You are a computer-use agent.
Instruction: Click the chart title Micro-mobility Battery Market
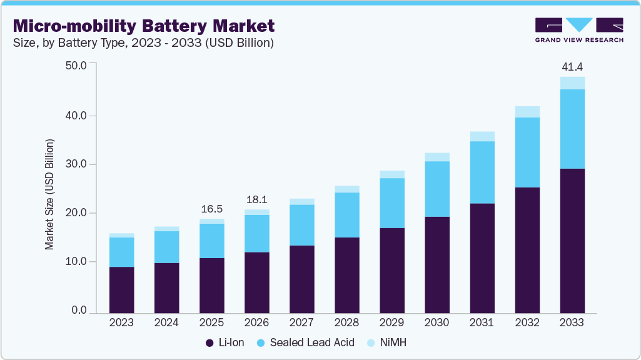pyautogui.click(x=143, y=26)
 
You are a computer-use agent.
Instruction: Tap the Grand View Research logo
pyautogui.click(x=578, y=30)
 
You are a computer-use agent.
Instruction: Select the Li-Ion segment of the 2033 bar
pyautogui.click(x=572, y=241)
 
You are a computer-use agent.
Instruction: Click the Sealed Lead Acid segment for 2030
pyautogui.click(x=437, y=189)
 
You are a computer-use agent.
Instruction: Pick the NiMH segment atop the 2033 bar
pyautogui.click(x=572, y=83)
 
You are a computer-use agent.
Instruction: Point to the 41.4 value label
pyautogui.click(x=572, y=66)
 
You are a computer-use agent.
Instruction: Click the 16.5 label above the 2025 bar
pyautogui.click(x=211, y=209)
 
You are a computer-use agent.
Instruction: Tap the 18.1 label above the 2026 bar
pyautogui.click(x=256, y=199)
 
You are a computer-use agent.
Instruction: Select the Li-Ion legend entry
pyautogui.click(x=226, y=342)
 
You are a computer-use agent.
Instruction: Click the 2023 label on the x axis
pyautogui.click(x=121, y=322)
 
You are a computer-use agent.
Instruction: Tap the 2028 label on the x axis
pyautogui.click(x=346, y=322)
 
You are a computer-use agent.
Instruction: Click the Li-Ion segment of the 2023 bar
pyautogui.click(x=121, y=289)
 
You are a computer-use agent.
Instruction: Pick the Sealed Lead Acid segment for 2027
pyautogui.click(x=301, y=225)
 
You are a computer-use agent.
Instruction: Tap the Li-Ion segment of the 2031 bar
pyautogui.click(x=482, y=257)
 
